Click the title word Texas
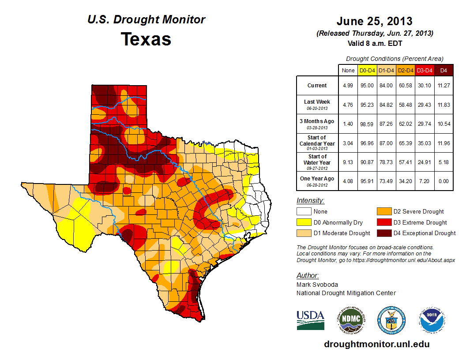[146, 39]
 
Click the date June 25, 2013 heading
[374, 21]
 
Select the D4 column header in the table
[443, 70]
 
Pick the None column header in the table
[348, 70]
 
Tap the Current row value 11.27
[443, 86]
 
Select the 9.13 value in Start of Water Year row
[348, 162]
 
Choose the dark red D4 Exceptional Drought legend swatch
[383, 233]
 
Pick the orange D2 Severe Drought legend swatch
[383, 212]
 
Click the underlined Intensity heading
[310, 201]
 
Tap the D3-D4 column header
[424, 70]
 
